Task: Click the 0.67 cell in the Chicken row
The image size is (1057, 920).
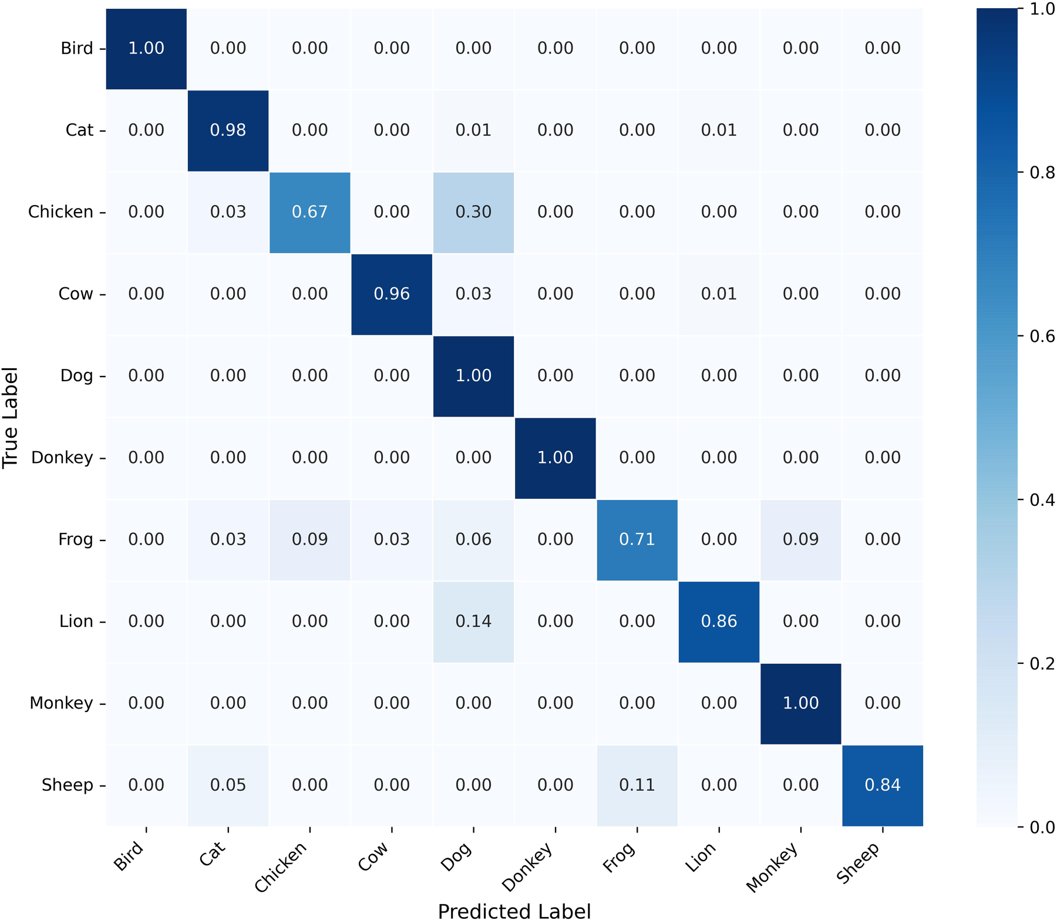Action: tap(310, 212)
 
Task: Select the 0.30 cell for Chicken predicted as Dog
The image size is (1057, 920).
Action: tap(473, 212)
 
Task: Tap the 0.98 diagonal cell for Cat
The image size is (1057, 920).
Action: tap(228, 130)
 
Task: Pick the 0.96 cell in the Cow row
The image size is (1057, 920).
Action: tap(392, 294)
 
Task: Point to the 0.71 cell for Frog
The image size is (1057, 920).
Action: tap(637, 539)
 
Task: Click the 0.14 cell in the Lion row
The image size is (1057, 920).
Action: tap(473, 622)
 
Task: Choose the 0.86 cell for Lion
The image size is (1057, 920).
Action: tap(719, 622)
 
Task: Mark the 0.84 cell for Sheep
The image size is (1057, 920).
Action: tap(883, 785)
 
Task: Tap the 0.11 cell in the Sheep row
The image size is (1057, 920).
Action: tap(637, 785)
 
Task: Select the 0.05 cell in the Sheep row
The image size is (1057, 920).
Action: tap(228, 785)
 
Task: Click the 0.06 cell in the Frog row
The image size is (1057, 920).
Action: tap(473, 539)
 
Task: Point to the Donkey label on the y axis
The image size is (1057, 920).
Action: tap(62, 458)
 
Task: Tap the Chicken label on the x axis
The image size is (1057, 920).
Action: tap(281, 867)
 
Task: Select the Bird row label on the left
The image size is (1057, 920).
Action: tap(77, 48)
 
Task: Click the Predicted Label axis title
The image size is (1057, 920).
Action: tap(514, 911)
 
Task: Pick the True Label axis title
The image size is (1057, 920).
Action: tap(10, 418)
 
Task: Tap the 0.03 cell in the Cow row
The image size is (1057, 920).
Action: tap(473, 294)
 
